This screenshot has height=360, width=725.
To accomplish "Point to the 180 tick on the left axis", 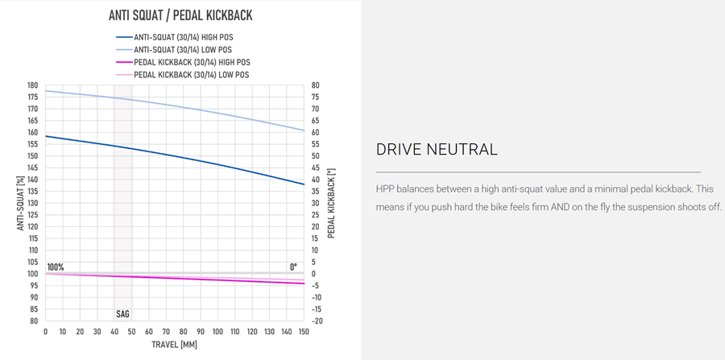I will pos(32,85).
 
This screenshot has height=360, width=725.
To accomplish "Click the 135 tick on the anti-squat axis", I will pos(32,192).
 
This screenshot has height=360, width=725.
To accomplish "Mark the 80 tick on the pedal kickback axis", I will pos(316,85).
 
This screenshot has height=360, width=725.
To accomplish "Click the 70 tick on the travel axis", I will pos(166,332).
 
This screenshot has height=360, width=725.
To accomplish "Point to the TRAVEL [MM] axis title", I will pos(175,346).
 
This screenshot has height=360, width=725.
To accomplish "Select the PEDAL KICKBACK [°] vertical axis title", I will pos(331,203).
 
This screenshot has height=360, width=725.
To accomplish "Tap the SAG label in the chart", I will pos(122,312).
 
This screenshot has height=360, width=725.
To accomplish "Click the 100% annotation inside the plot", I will pos(56,267).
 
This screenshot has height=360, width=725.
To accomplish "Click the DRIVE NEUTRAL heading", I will pos(437,150).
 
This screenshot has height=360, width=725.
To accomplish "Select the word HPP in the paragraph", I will pos(387,188).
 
